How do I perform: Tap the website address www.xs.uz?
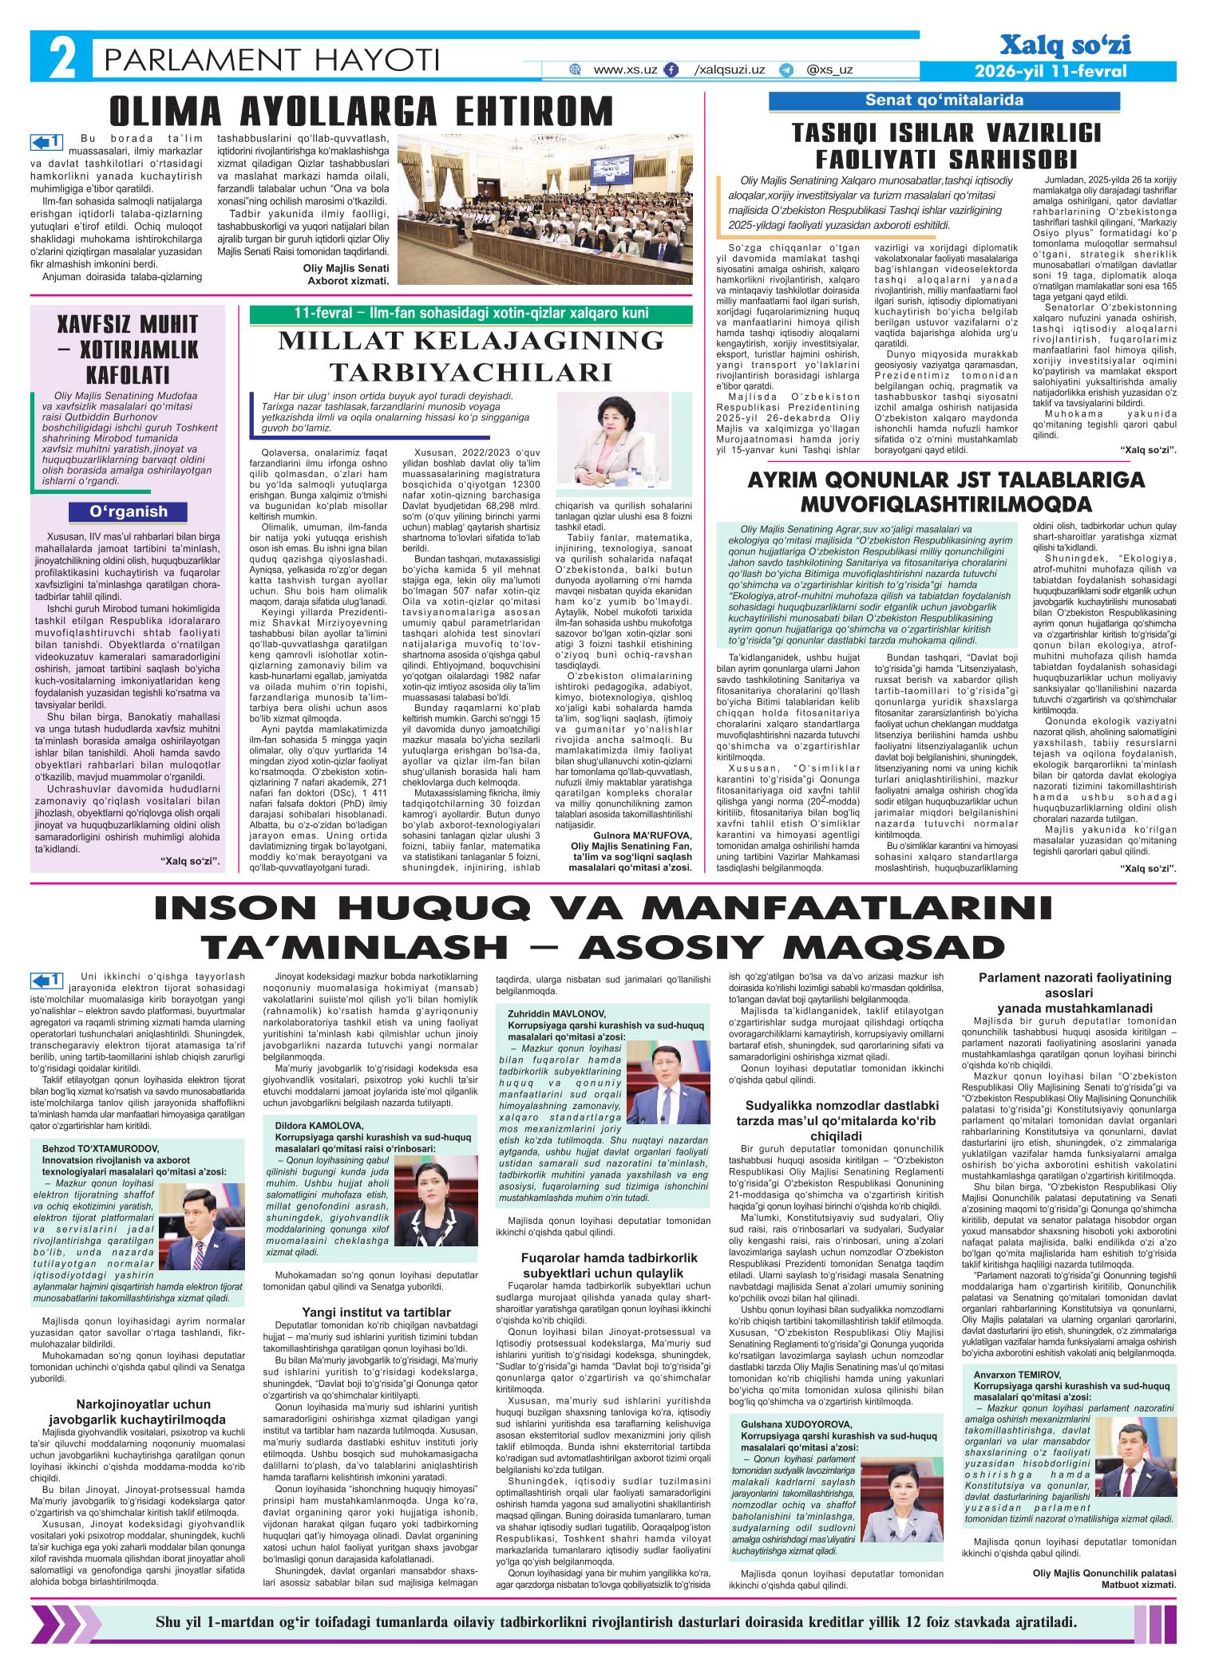tap(625, 69)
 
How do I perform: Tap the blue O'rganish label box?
tap(129, 511)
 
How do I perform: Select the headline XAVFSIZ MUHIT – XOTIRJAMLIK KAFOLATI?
tap(129, 349)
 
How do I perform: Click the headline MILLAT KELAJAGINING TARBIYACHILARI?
tap(471, 356)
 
